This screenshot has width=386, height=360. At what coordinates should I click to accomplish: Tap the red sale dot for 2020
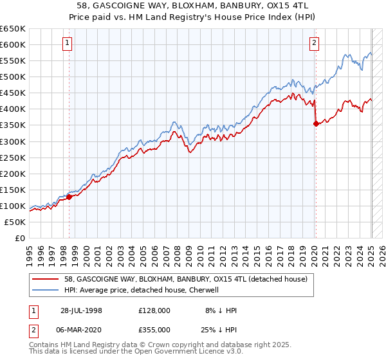(316, 124)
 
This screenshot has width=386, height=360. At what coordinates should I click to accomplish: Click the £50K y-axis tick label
(15, 222)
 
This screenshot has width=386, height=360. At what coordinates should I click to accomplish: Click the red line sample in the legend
(46, 279)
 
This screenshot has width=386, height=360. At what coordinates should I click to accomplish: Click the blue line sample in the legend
(46, 290)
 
